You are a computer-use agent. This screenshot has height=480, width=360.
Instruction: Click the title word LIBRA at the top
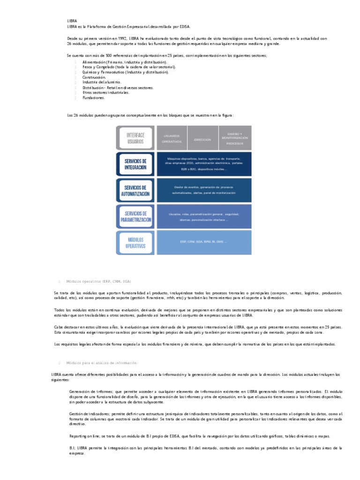click(x=73, y=22)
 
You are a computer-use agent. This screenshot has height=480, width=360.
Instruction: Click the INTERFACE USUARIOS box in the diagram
click(x=135, y=138)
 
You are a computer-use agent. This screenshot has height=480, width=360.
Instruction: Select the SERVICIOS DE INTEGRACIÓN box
click(x=135, y=164)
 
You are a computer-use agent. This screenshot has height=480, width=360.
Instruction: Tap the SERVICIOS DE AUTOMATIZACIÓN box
click(x=135, y=190)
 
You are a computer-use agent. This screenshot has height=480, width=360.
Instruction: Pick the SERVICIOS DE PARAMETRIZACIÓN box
click(x=135, y=217)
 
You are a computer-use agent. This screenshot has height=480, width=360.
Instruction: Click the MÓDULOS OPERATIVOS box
click(x=135, y=242)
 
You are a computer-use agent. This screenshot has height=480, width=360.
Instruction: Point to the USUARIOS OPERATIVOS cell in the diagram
click(x=172, y=138)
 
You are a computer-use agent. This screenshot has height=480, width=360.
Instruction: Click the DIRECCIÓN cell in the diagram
click(x=202, y=140)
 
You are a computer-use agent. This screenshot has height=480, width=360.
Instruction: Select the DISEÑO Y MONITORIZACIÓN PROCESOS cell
click(x=235, y=138)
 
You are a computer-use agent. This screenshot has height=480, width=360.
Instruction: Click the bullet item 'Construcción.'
click(x=94, y=77)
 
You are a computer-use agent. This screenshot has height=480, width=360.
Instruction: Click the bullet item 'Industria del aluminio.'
click(x=102, y=82)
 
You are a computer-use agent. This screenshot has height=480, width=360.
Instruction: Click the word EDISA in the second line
click(x=184, y=27)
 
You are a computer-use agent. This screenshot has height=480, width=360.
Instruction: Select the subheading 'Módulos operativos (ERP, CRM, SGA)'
click(x=98, y=281)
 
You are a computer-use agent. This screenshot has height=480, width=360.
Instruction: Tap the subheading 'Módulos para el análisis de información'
click(x=102, y=363)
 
